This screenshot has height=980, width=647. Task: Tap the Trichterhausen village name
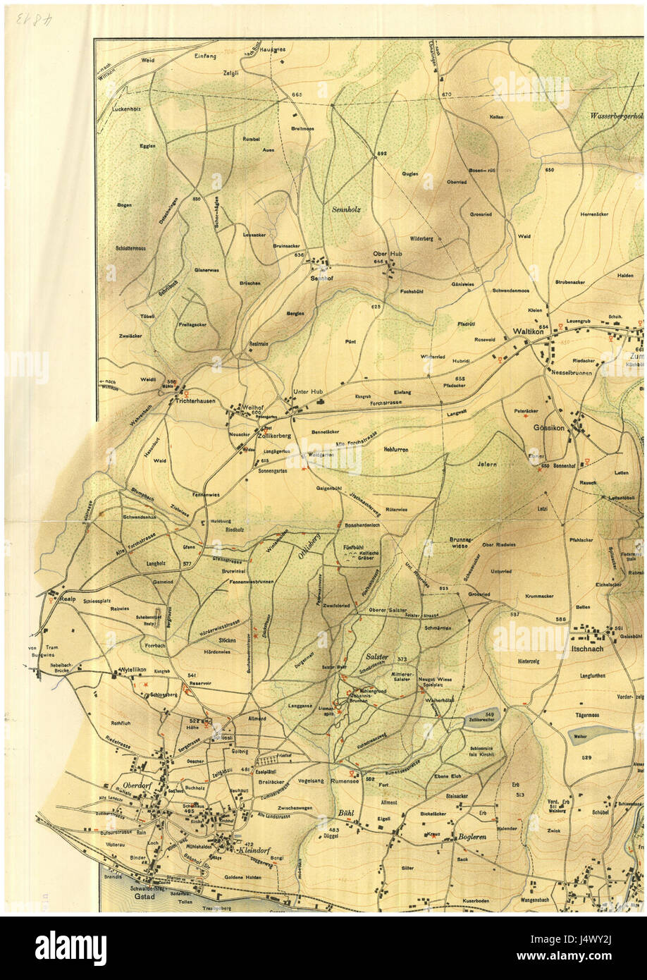pyautogui.click(x=195, y=400)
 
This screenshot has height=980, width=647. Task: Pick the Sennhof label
pyautogui.click(x=321, y=278)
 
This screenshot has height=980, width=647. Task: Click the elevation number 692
pyautogui.click(x=382, y=153)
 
